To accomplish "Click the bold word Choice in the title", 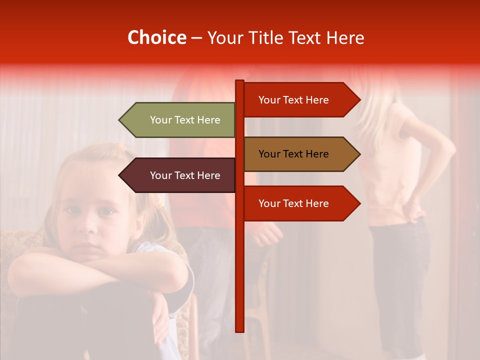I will pyautogui.click(x=156, y=37).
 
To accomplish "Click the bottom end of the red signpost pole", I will pyautogui.click(x=239, y=330).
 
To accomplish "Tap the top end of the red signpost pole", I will pyautogui.click(x=239, y=81).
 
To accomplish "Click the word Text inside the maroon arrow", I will pyautogui.click(x=185, y=175).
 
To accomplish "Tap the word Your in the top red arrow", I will pyautogui.click(x=269, y=100).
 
